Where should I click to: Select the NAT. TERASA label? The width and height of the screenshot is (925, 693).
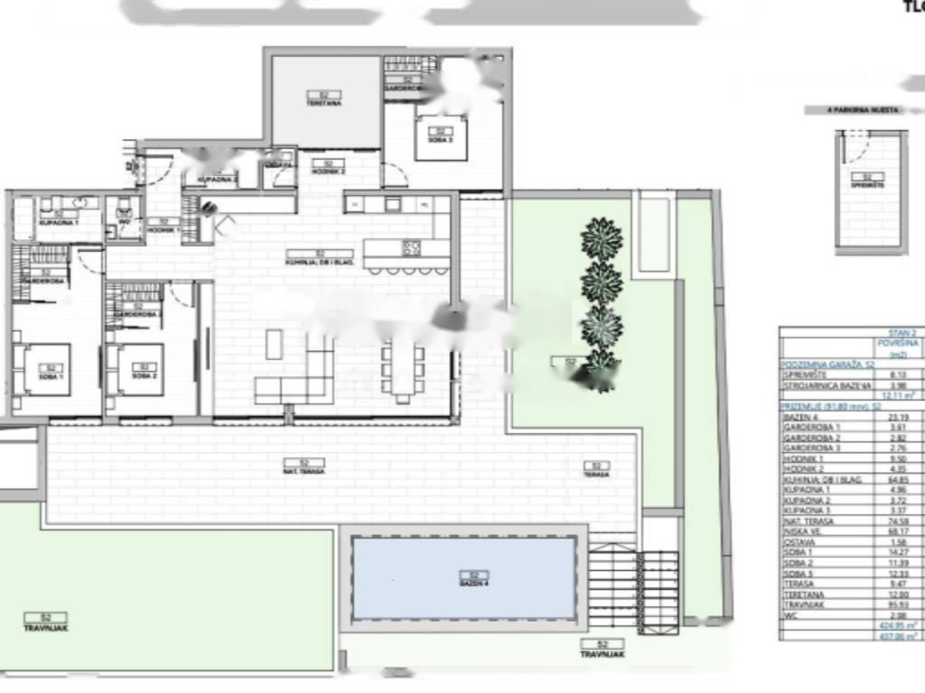[304, 467]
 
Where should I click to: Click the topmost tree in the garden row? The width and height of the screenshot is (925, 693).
[602, 239]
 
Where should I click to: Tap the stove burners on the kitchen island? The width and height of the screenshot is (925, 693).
[412, 247]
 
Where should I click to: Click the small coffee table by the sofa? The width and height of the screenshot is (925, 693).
[274, 344]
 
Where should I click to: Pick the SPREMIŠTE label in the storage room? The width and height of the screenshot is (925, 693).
[867, 180]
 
